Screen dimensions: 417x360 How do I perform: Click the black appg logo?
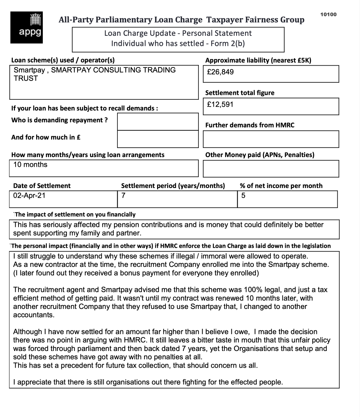(27, 27)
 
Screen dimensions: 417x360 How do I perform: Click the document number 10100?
(328, 14)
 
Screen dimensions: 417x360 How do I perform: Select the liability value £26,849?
(220, 72)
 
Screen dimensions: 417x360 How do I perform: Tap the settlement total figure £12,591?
(220, 104)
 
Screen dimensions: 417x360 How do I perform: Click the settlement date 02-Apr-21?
(29, 196)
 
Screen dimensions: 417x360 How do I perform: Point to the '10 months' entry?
(30, 164)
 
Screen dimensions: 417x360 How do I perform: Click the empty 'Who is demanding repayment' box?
(157, 122)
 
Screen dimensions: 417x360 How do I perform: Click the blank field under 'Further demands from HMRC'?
(271, 139)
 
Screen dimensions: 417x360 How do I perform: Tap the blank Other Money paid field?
(271, 169)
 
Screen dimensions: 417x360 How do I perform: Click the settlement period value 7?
(123, 196)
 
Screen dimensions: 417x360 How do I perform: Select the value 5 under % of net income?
(243, 196)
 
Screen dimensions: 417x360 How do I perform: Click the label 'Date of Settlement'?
(42, 186)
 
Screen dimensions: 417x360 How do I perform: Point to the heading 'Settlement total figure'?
(240, 93)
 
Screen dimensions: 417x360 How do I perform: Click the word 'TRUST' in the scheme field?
(25, 79)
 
